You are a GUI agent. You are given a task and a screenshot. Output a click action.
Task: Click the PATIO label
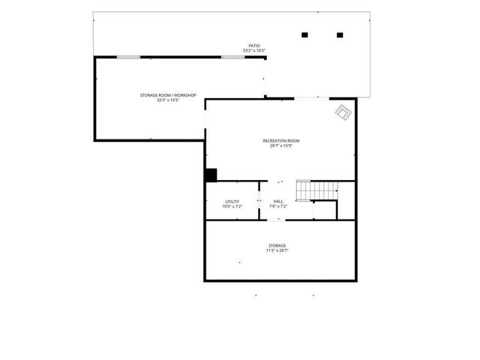tap(254, 46)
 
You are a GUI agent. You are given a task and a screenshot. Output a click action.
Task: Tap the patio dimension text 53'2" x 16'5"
tap(254, 50)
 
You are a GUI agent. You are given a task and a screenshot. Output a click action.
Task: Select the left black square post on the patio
tap(304, 34)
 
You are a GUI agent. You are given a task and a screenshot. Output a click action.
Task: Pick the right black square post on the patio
tap(340, 34)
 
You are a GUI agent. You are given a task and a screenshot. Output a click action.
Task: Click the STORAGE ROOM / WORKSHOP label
tap(168, 95)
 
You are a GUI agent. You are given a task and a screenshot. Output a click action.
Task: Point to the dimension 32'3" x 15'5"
tap(168, 100)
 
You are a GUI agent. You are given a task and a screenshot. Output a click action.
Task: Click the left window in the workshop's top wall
tap(128, 57)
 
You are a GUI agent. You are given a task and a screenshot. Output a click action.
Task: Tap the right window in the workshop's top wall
tap(232, 57)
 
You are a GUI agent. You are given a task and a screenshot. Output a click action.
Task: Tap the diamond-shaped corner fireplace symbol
tap(343, 112)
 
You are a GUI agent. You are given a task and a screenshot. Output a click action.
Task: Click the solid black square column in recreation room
tap(211, 175)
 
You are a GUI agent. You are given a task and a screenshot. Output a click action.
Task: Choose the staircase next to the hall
tap(315, 190)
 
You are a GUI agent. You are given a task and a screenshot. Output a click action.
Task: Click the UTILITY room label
tap(232, 201)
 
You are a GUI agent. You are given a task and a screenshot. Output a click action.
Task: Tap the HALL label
tap(278, 201)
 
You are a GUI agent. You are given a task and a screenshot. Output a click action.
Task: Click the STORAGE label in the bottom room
tap(277, 246)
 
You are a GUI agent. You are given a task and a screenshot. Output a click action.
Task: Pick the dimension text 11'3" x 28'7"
tap(277, 250)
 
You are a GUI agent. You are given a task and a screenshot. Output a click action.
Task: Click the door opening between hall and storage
tap(277, 220)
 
